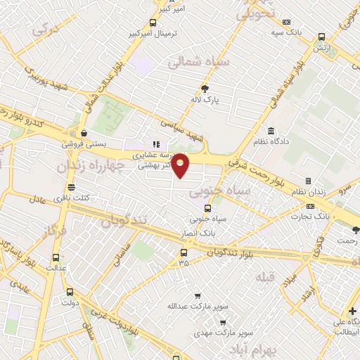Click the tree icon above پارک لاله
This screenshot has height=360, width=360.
click(205, 89)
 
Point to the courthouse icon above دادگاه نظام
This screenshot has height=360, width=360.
click(271, 131)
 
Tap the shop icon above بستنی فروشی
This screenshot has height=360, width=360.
click(84, 132)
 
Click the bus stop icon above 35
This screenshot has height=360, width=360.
click(184, 252)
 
